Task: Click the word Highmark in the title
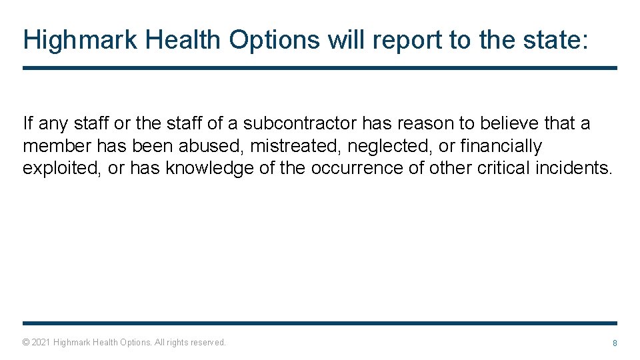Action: [x=80, y=40]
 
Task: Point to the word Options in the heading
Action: [x=275, y=40]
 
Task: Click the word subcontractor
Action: [x=300, y=124]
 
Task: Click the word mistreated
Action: [x=295, y=146]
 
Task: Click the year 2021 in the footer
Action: [x=41, y=343]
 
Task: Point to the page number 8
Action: [x=615, y=343]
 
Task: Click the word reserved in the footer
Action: [x=208, y=343]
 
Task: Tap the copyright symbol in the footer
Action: [x=26, y=343]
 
